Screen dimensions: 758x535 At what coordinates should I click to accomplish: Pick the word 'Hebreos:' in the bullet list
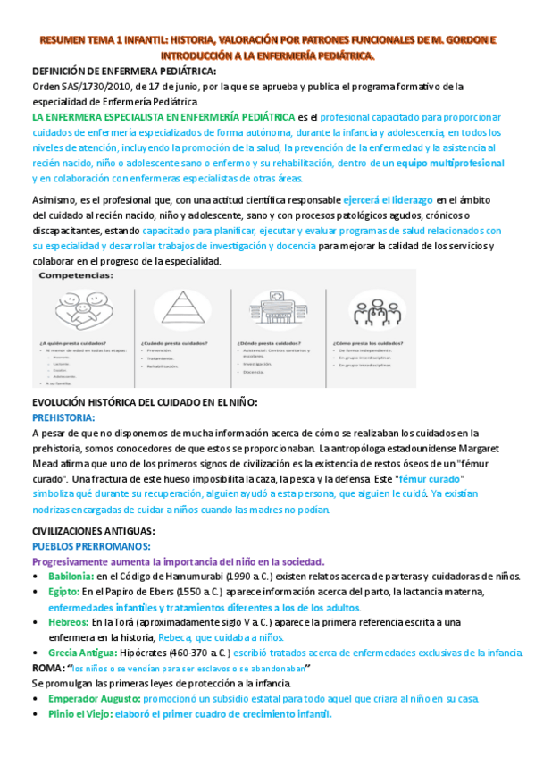click(x=69, y=622)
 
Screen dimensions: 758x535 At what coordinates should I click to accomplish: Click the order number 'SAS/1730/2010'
click(x=101, y=86)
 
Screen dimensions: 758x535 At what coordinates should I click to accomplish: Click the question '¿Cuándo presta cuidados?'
click(x=174, y=342)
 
